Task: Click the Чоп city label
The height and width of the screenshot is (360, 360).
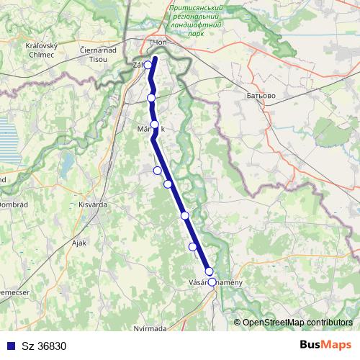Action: click(x=158, y=43)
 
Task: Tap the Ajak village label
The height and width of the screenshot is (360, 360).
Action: click(x=79, y=243)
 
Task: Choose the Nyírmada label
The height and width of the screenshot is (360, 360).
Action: click(x=150, y=328)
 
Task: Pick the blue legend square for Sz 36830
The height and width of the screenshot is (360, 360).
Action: click(x=9, y=346)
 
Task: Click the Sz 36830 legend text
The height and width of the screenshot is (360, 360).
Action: click(x=42, y=346)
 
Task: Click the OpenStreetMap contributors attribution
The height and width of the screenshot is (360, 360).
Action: click(x=297, y=322)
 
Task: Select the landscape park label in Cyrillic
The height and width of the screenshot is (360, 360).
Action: click(x=195, y=19)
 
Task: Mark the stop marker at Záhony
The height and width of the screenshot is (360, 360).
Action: click(x=148, y=65)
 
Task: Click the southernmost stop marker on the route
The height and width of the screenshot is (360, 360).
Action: click(x=212, y=282)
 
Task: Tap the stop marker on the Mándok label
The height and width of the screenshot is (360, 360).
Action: click(x=154, y=125)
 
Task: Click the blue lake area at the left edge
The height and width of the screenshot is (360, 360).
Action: click(x=8, y=148)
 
